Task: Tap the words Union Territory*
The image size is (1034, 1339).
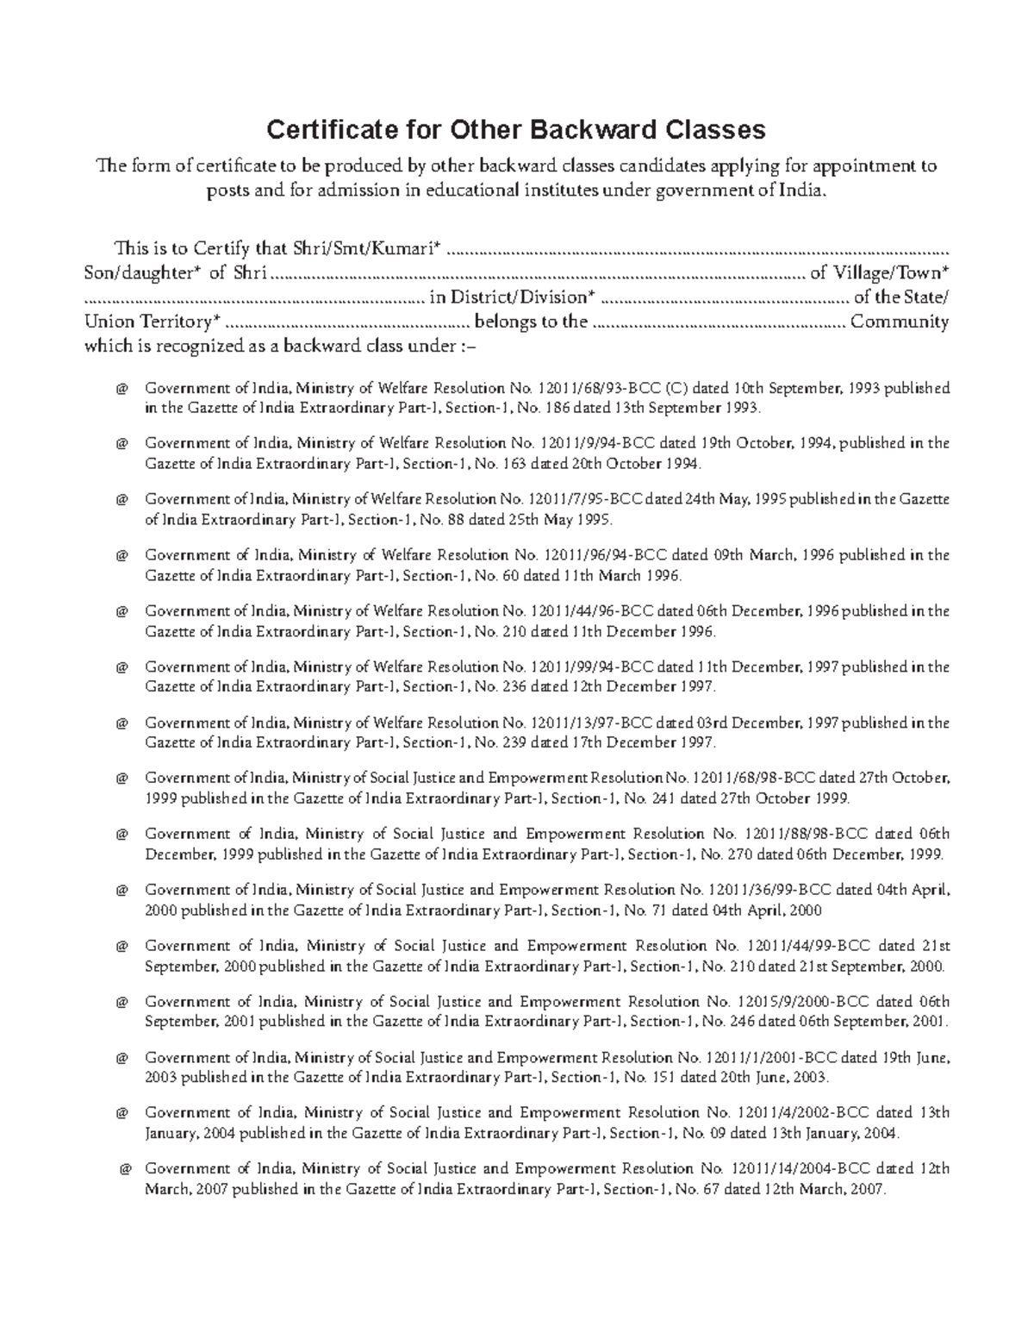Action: point(153,322)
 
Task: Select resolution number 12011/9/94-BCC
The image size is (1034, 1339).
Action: point(598,443)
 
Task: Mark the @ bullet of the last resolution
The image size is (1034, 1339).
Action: point(126,1170)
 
